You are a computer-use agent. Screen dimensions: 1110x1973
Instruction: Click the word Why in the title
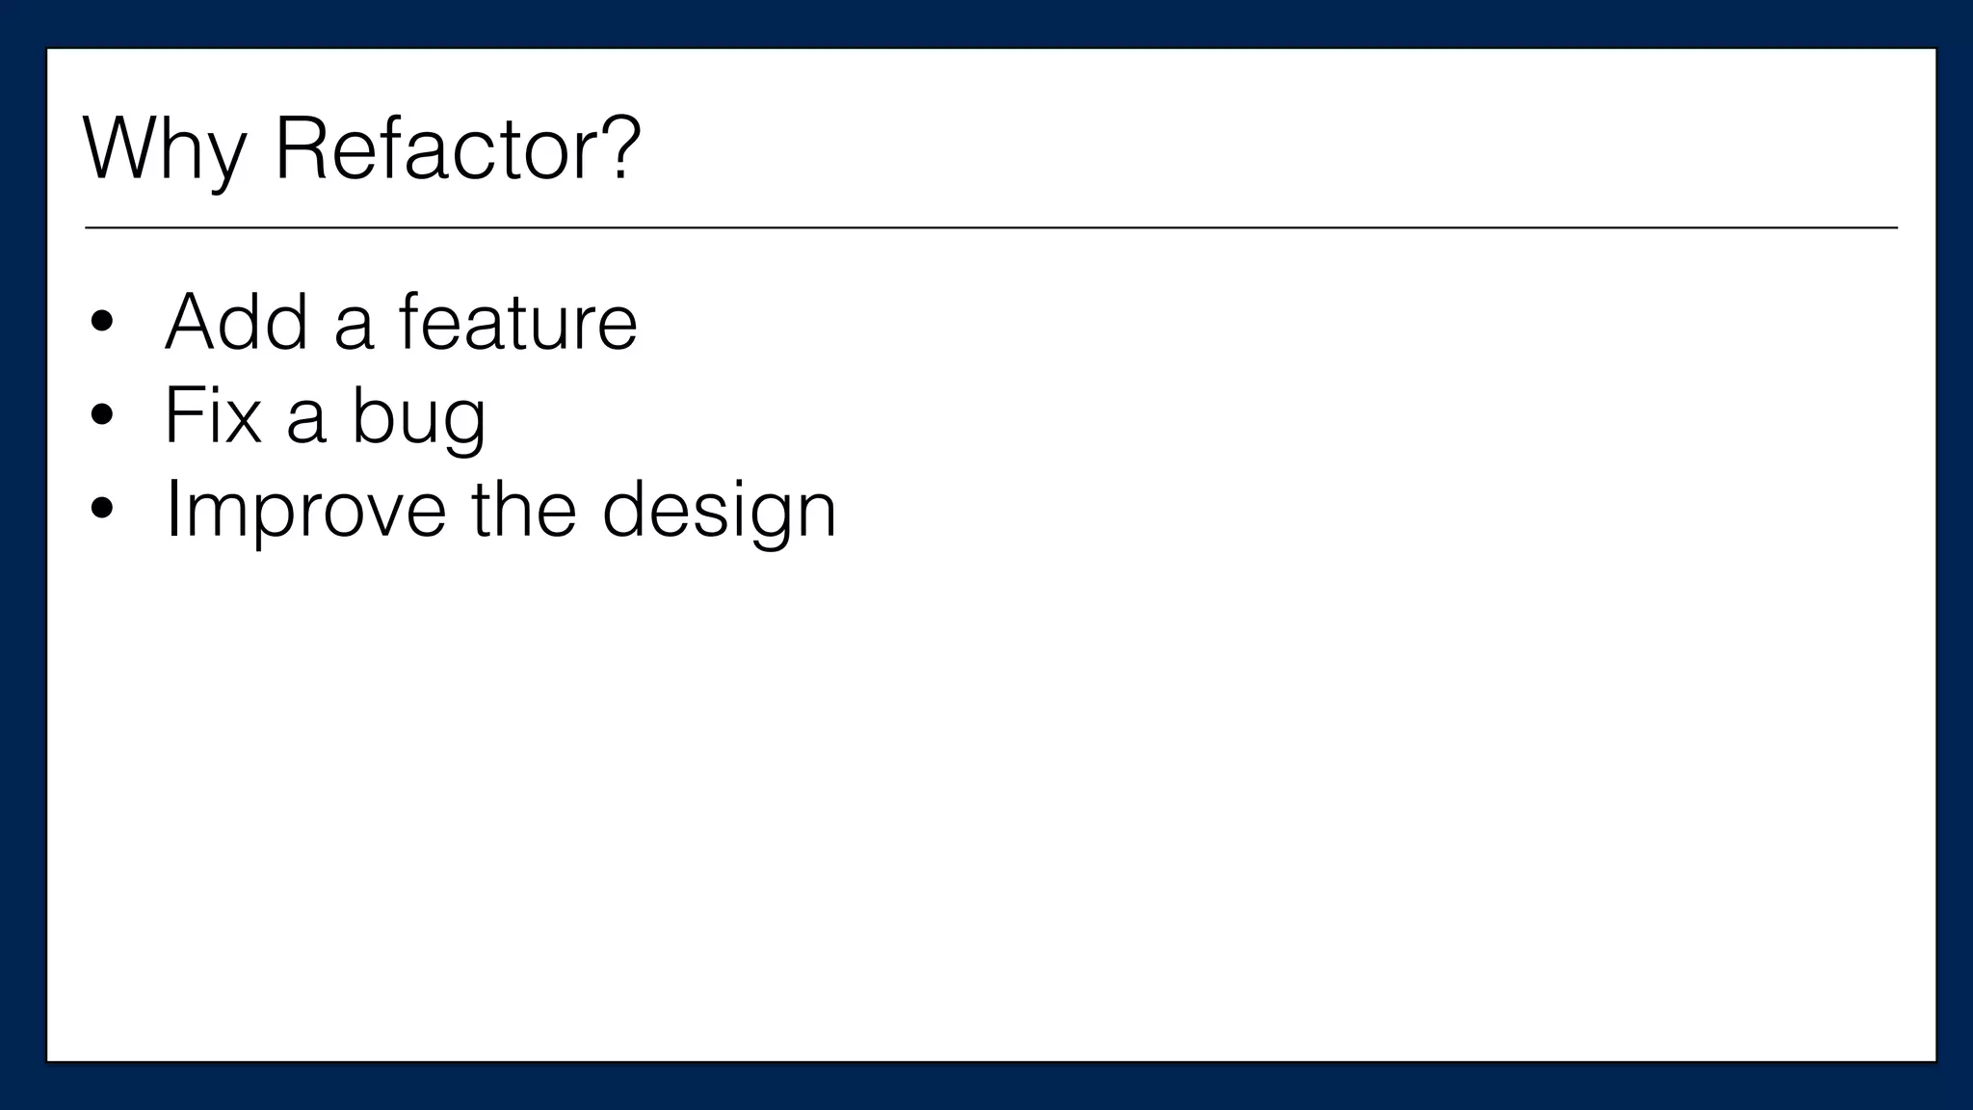(x=165, y=150)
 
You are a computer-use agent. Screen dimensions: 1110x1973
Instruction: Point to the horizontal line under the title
(x=990, y=228)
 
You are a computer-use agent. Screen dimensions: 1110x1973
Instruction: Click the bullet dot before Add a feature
(x=101, y=324)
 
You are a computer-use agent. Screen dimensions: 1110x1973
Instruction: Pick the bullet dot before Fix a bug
(x=101, y=417)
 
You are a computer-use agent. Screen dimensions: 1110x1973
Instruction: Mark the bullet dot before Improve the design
(x=101, y=511)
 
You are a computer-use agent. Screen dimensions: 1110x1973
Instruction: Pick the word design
(x=719, y=511)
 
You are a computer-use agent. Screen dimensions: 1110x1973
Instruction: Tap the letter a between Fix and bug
(x=306, y=420)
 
